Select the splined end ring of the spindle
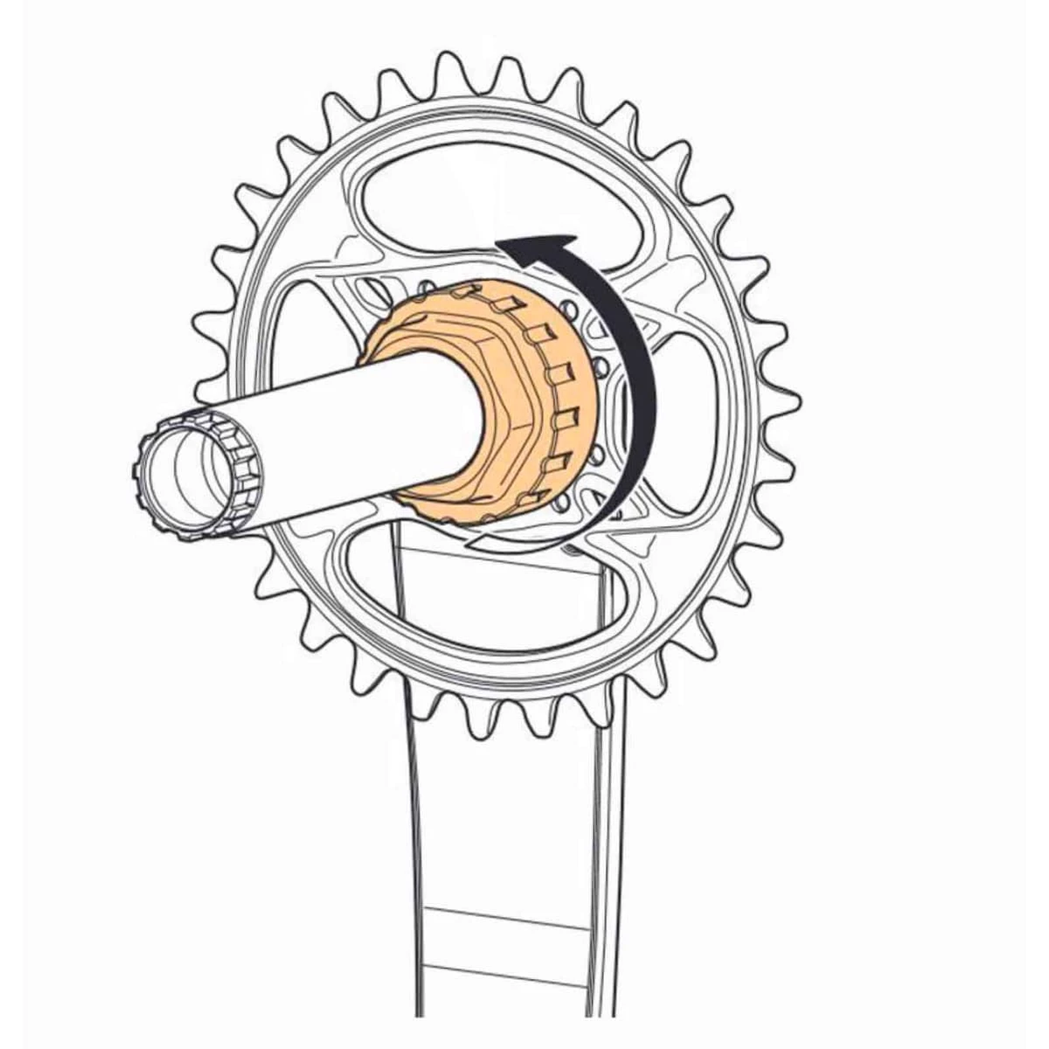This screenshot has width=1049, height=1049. pos(188,476)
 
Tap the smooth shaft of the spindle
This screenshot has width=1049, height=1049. pos(350,437)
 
